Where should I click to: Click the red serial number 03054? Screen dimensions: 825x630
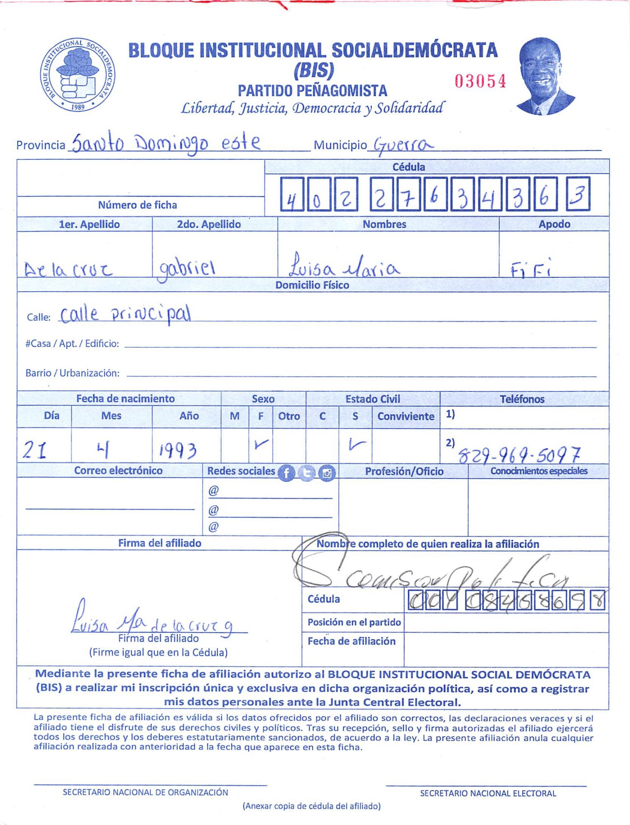(x=480, y=81)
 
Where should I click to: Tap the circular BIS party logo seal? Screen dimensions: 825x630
(x=78, y=75)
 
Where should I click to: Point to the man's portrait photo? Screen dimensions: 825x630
(x=544, y=76)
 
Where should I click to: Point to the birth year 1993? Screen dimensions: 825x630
(x=178, y=450)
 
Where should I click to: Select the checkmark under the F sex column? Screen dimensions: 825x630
(x=261, y=444)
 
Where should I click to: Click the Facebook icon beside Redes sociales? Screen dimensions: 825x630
(x=287, y=473)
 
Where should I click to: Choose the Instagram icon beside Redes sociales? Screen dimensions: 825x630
(x=327, y=473)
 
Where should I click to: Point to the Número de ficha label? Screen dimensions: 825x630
(x=137, y=205)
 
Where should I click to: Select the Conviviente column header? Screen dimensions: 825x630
(x=405, y=416)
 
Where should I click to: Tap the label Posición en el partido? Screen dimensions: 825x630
(x=354, y=622)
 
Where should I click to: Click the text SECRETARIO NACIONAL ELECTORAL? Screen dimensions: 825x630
(x=488, y=793)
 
